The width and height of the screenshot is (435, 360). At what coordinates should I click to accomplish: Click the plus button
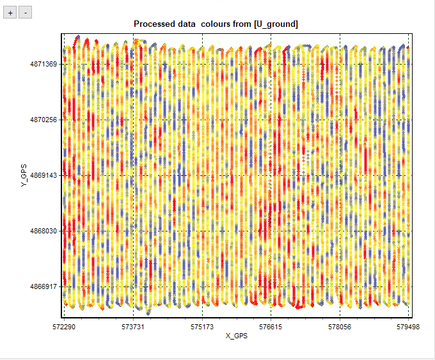tap(10, 13)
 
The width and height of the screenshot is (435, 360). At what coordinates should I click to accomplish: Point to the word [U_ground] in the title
tap(276, 24)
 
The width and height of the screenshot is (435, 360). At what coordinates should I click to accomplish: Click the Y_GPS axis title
tap(24, 175)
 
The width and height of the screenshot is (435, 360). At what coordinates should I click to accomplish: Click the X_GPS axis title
tap(236, 336)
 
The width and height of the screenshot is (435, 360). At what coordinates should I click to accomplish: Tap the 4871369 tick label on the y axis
tap(43, 65)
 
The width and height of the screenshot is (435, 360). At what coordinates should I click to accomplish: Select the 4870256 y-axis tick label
tap(43, 120)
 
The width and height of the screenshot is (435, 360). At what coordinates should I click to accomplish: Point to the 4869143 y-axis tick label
tap(43, 175)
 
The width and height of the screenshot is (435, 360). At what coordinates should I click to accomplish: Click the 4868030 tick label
tap(43, 231)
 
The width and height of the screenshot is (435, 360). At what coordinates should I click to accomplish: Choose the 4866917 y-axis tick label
tap(43, 286)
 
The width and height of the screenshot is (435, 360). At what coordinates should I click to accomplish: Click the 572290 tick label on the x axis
tap(63, 326)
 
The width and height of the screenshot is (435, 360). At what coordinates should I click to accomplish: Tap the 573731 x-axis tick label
tap(132, 326)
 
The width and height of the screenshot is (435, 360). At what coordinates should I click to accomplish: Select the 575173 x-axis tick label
tap(202, 326)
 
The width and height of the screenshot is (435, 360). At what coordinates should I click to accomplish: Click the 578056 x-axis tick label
tap(339, 326)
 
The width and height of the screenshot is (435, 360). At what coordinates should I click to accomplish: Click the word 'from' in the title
tap(242, 24)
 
